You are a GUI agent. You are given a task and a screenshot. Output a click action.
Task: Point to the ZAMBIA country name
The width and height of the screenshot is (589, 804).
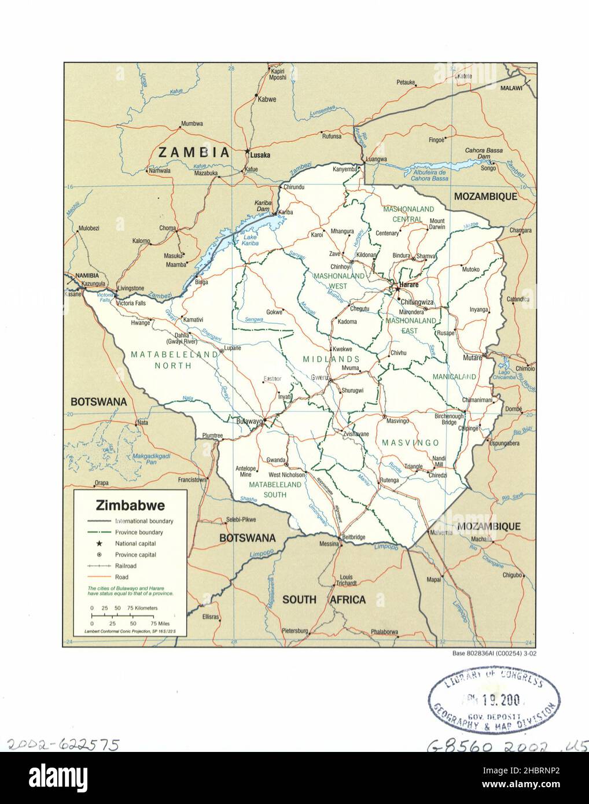click(x=194, y=153)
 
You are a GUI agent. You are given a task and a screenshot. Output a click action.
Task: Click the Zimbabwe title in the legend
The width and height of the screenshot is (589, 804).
click(x=130, y=506)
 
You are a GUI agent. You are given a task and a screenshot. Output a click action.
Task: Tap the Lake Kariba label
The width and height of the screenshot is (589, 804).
click(x=250, y=240)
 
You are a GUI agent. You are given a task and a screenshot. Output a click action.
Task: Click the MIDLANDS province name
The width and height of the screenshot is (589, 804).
click(x=331, y=359)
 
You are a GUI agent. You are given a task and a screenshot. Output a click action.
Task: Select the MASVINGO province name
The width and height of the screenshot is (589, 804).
click(x=410, y=442)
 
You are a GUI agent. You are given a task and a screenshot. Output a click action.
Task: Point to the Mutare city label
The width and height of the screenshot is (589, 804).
click(x=472, y=358)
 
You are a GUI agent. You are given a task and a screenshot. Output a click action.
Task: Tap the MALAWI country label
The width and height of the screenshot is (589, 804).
click(x=511, y=88)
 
